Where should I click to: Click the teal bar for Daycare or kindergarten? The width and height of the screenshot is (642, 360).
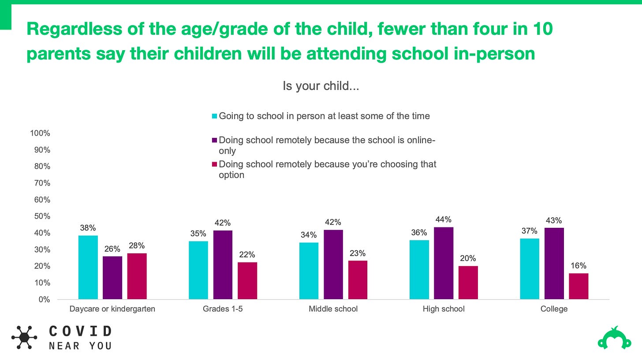point(88,267)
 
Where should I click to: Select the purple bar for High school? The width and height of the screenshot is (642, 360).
point(444,263)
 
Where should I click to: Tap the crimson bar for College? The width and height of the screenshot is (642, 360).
point(579,286)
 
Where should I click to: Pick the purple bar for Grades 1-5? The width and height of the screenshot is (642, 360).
point(223,265)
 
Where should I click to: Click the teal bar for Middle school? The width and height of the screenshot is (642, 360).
point(309,271)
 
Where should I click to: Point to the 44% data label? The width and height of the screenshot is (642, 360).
point(443,219)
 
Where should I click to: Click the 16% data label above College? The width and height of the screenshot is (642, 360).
point(578,266)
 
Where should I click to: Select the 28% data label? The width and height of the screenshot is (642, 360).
point(137,246)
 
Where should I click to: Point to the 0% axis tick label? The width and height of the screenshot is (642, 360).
point(44,300)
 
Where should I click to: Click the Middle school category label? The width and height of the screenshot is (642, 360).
point(333,309)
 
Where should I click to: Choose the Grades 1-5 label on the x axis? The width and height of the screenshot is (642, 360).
point(223,309)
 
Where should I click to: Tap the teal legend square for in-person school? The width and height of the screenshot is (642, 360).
point(214,116)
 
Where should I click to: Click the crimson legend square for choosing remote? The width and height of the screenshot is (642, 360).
point(214,164)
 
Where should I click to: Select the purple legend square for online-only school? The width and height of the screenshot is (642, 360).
point(214,141)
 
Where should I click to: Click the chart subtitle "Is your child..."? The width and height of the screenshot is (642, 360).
point(321,86)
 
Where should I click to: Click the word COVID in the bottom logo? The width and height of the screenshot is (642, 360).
point(80,331)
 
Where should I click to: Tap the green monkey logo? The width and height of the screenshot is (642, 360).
point(614,338)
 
